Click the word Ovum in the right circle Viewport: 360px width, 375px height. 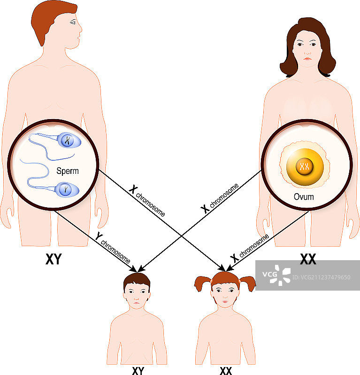[304, 197]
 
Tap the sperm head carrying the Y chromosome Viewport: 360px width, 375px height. [67, 189]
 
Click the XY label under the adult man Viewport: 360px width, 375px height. [54, 260]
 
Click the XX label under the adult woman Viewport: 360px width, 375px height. [307, 259]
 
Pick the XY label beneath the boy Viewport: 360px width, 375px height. [138, 371]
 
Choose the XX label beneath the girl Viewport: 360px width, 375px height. [226, 371]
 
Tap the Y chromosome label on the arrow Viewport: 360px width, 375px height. [113, 248]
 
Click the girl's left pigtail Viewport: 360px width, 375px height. [202, 283]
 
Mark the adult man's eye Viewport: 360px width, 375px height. [73, 23]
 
